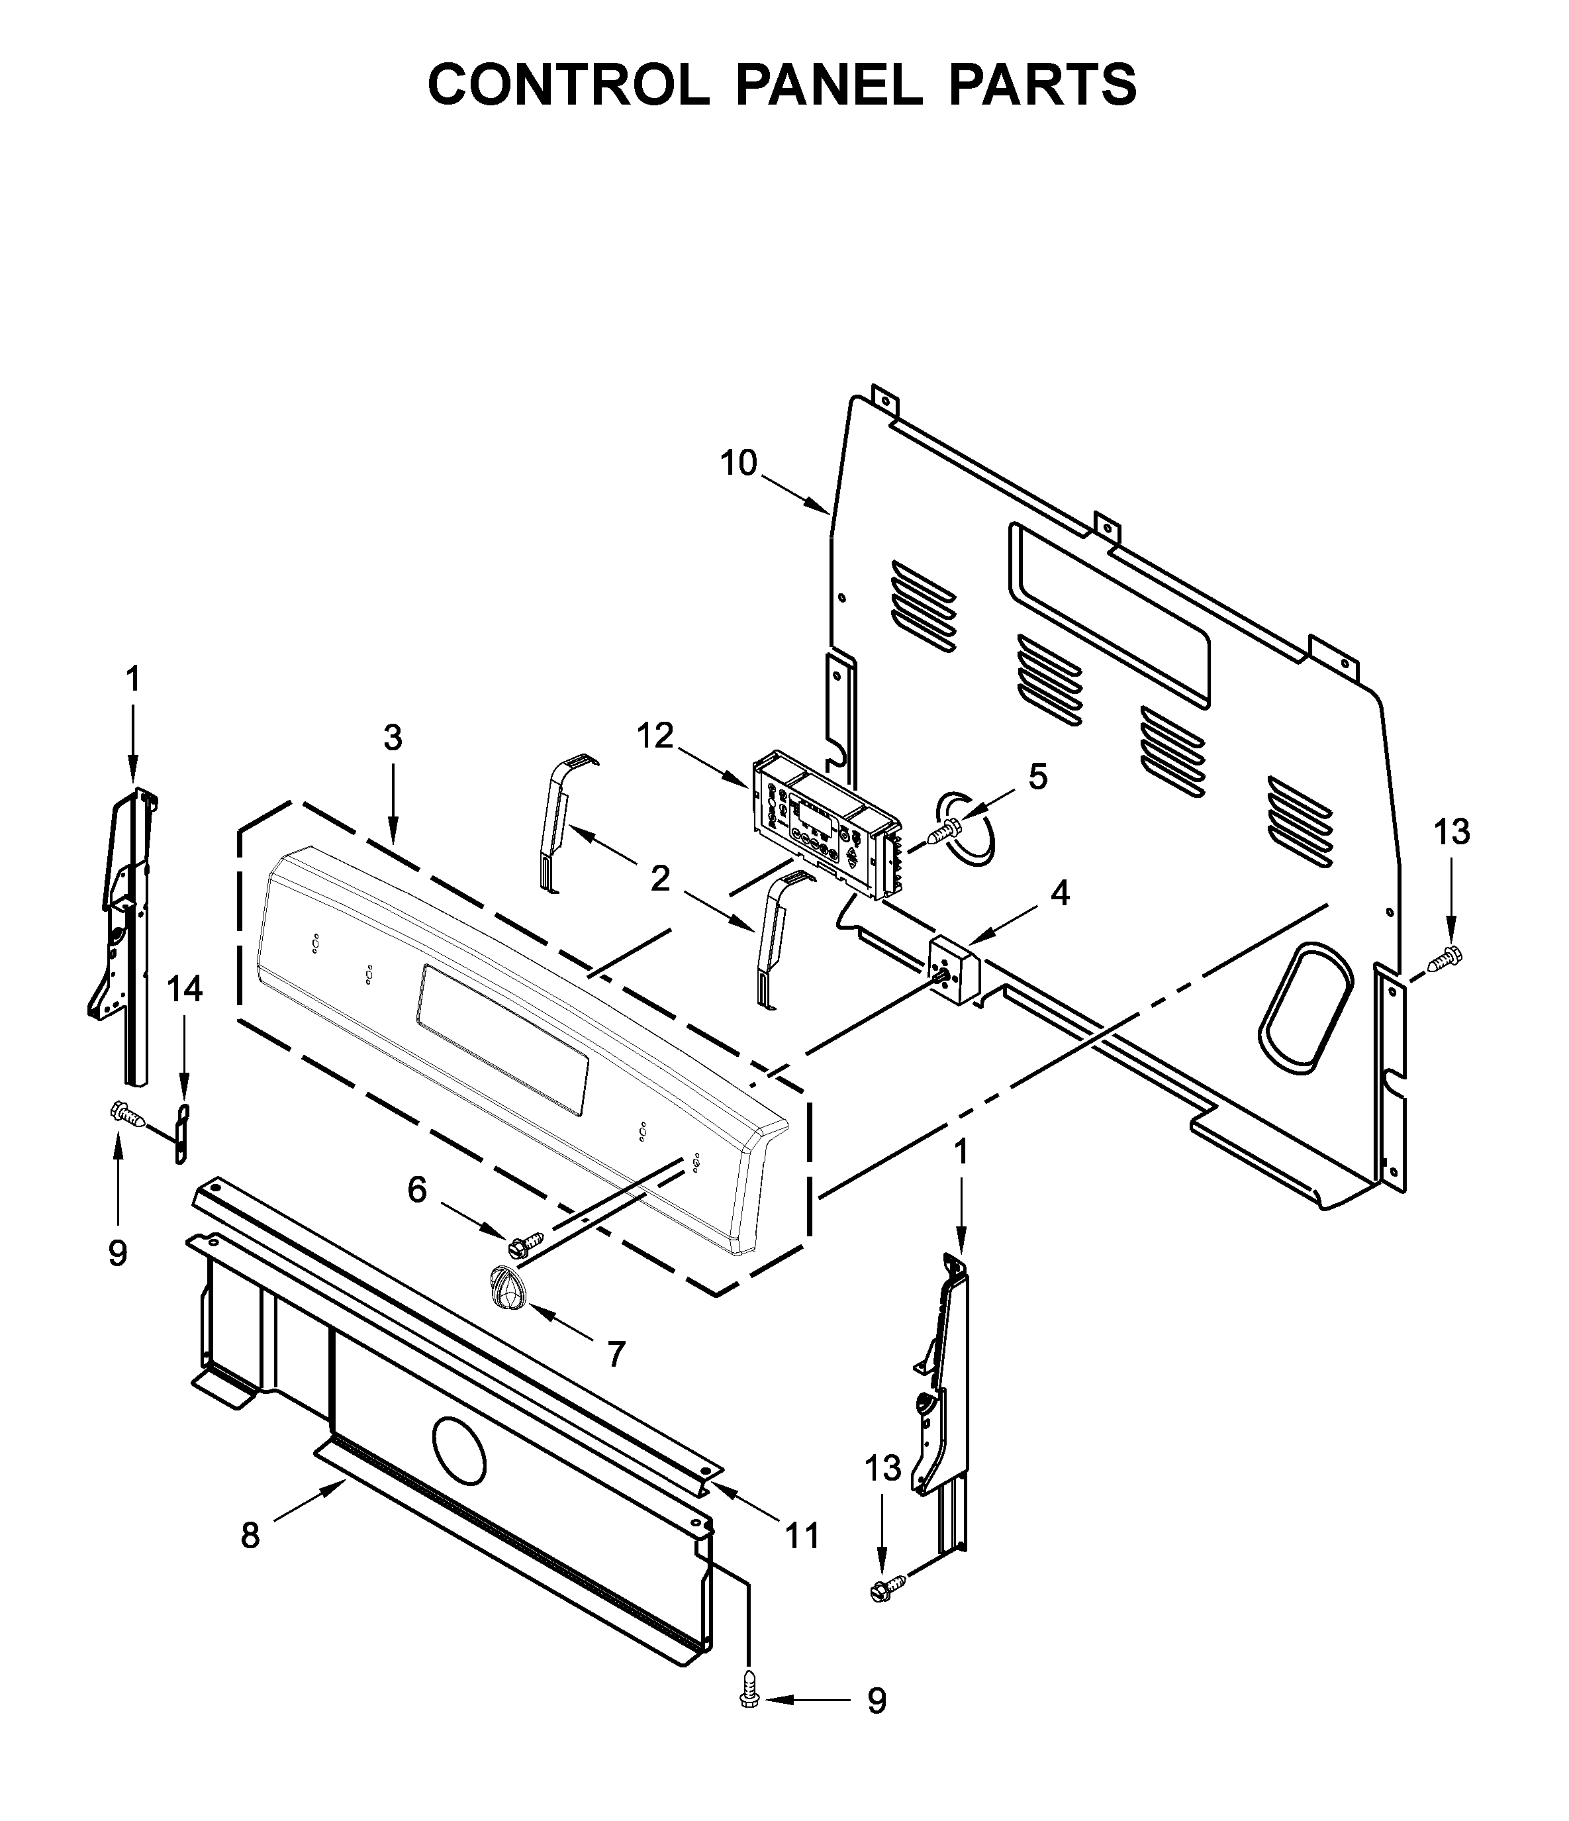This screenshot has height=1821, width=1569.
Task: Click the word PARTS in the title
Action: [1043, 85]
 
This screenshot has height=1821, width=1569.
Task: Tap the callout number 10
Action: [738, 463]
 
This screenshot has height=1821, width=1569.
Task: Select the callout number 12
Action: [655, 736]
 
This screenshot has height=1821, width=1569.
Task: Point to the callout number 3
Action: [393, 738]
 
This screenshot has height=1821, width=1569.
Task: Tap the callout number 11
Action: [801, 1536]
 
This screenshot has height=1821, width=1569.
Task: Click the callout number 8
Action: [250, 1536]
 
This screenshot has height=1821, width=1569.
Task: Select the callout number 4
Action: [1061, 894]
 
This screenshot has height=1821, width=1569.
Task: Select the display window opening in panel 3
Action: [502, 1039]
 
